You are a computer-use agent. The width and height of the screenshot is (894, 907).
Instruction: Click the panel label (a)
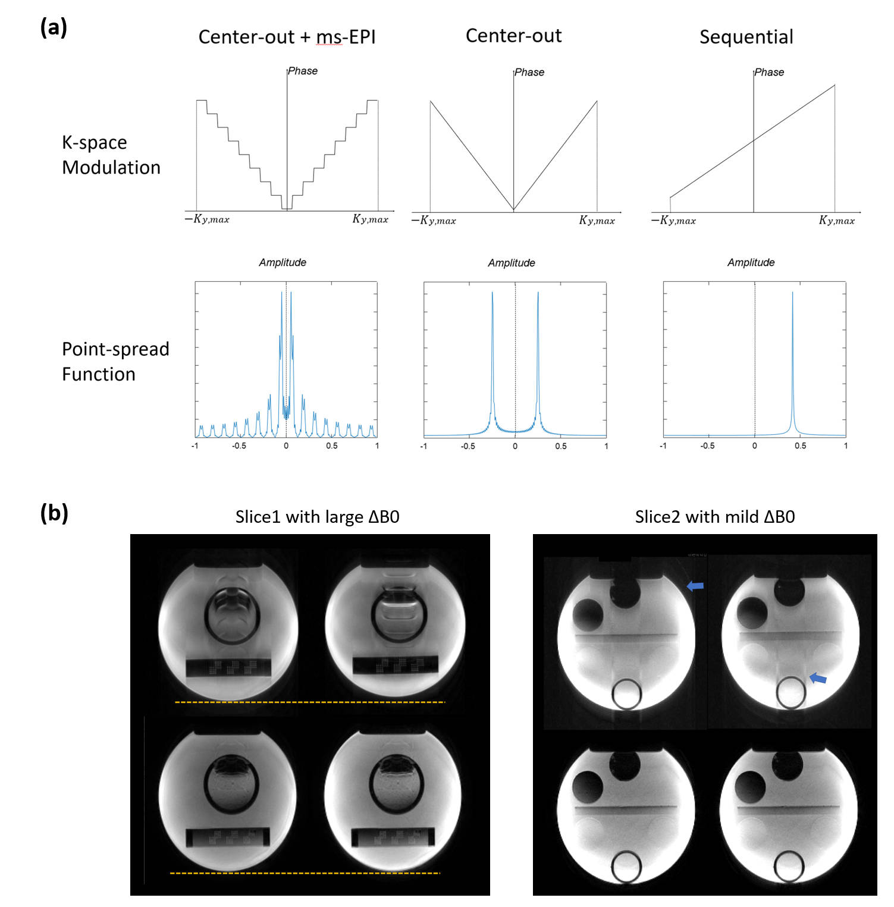[x=54, y=28]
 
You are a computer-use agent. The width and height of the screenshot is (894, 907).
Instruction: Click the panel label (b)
[x=54, y=513]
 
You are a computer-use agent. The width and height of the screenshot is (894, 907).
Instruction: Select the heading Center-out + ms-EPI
[x=287, y=37]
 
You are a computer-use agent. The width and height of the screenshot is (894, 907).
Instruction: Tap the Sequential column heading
[x=746, y=37]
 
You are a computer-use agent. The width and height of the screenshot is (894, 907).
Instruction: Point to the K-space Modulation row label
[x=111, y=155]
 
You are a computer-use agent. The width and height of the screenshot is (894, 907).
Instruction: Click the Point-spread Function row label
[x=115, y=361]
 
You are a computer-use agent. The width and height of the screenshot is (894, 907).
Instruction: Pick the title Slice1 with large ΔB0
[x=317, y=516]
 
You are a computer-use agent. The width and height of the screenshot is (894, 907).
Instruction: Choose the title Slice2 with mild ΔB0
[x=714, y=516]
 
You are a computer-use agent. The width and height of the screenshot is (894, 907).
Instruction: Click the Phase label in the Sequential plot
[x=769, y=72]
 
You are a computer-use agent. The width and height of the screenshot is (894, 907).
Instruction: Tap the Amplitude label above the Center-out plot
[x=512, y=263]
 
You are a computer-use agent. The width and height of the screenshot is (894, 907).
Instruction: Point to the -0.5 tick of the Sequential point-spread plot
[x=707, y=445]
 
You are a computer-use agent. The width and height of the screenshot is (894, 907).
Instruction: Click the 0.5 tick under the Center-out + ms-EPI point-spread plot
[x=331, y=445]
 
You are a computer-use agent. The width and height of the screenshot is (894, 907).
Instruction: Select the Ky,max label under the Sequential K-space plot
[x=836, y=221]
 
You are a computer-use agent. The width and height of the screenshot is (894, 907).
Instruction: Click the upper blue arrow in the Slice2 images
[x=695, y=586]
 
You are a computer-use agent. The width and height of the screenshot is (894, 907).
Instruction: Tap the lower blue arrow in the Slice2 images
[x=818, y=677]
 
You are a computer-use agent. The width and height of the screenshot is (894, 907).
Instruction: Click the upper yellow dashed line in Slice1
[x=309, y=702]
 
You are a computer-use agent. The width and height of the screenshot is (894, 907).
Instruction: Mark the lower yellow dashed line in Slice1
[x=305, y=873]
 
